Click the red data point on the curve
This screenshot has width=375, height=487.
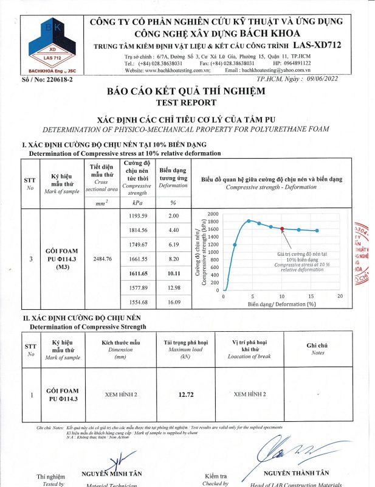click(x=282, y=229)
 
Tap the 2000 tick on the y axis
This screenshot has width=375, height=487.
click(x=213, y=214)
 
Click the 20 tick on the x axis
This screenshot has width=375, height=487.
click(x=340, y=295)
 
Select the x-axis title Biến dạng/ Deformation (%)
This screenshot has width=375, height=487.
click(x=281, y=303)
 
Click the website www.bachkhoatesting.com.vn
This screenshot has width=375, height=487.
click(x=176, y=71)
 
